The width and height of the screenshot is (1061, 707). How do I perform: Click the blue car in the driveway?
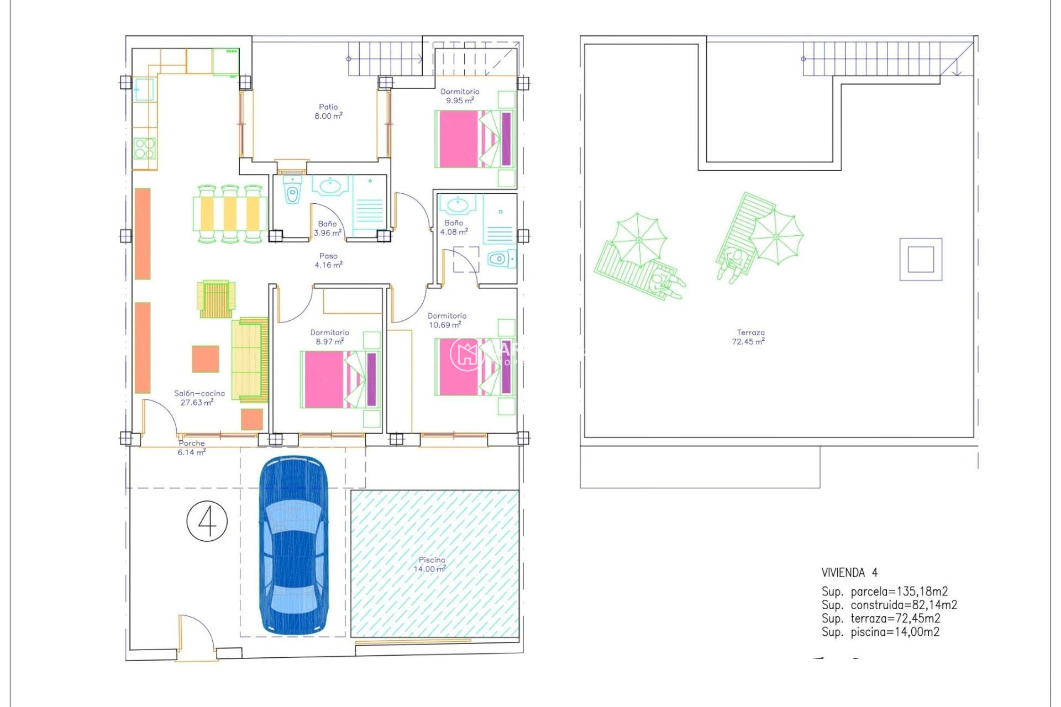pyautogui.click(x=293, y=546)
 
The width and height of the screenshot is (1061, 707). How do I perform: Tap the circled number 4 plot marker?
pyautogui.click(x=207, y=521)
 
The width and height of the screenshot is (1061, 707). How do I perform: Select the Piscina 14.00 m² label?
pyautogui.click(x=430, y=564)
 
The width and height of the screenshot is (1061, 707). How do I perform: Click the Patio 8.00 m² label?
pyautogui.click(x=328, y=112)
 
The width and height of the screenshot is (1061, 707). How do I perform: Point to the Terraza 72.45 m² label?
pyautogui.click(x=749, y=337)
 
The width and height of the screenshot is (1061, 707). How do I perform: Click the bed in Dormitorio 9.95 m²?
pyautogui.click(x=475, y=139)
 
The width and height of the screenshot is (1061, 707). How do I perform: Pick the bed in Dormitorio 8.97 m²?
pyautogui.click(x=340, y=379)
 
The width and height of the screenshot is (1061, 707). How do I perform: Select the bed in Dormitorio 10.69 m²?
pyautogui.click(x=475, y=367)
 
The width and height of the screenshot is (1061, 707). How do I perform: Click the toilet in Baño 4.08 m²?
pyautogui.click(x=498, y=259)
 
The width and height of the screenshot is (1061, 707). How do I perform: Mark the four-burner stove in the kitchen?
pyautogui.click(x=145, y=149)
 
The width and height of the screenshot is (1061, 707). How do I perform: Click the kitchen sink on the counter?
pyautogui.click(x=144, y=90)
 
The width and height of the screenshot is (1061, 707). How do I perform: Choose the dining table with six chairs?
pyautogui.click(x=230, y=214)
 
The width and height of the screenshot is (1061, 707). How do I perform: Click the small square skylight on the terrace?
pyautogui.click(x=921, y=260)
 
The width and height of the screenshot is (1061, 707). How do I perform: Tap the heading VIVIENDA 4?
pyautogui.click(x=849, y=573)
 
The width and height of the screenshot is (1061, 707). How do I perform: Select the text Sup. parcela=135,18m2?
pyautogui.click(x=884, y=592)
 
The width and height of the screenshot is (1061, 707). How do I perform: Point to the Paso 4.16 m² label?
pyautogui.click(x=328, y=261)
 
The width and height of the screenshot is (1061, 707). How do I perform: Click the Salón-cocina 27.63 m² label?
pyautogui.click(x=199, y=398)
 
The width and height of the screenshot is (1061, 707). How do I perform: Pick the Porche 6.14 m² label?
pyautogui.click(x=191, y=447)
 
